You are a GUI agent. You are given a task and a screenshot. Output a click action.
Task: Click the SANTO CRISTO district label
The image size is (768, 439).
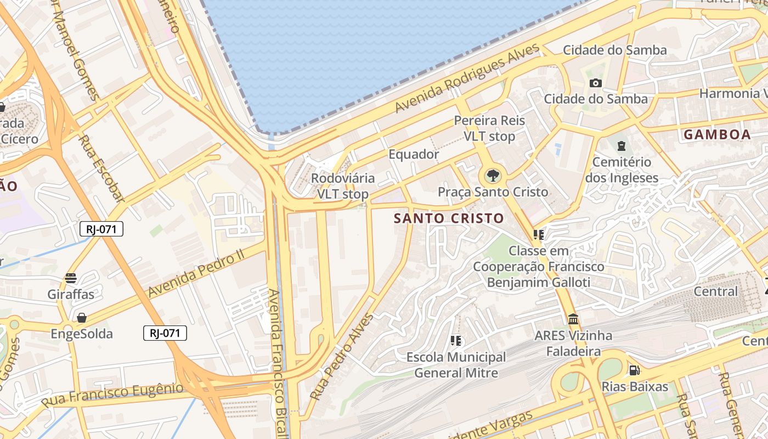[x=449, y=218]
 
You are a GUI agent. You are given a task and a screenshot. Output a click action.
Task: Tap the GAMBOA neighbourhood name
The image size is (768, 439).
[x=717, y=134]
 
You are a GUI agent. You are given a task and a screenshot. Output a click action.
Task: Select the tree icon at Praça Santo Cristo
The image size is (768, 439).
[x=493, y=176]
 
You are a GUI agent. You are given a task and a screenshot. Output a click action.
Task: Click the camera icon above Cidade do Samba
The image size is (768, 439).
[x=595, y=83]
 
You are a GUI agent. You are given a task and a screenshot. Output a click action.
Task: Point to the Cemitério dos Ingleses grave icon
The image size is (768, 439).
[x=621, y=145]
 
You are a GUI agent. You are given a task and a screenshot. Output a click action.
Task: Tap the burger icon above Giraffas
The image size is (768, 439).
[x=71, y=278]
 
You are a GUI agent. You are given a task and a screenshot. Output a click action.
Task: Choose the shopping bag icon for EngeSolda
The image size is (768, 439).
[x=82, y=318]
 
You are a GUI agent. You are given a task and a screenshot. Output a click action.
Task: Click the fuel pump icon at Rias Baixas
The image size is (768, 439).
[x=634, y=370]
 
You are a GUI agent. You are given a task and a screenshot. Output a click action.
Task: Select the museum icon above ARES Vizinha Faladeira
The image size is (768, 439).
[x=573, y=319]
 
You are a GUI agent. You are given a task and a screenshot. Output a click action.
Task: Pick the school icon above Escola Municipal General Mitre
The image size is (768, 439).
[x=455, y=341]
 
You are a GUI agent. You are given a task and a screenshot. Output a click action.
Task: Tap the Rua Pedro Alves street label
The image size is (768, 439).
[x=341, y=356]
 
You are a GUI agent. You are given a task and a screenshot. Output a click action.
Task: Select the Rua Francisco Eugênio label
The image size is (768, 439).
[x=112, y=395]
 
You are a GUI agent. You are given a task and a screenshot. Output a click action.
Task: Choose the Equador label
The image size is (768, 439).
[x=414, y=154]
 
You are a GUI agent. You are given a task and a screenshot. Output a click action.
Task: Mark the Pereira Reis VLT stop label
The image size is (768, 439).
[x=489, y=128]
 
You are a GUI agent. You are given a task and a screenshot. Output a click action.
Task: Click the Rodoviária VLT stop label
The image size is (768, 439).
[x=343, y=186]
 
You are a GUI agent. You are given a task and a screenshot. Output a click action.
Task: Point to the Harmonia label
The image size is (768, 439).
[x=732, y=93]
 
